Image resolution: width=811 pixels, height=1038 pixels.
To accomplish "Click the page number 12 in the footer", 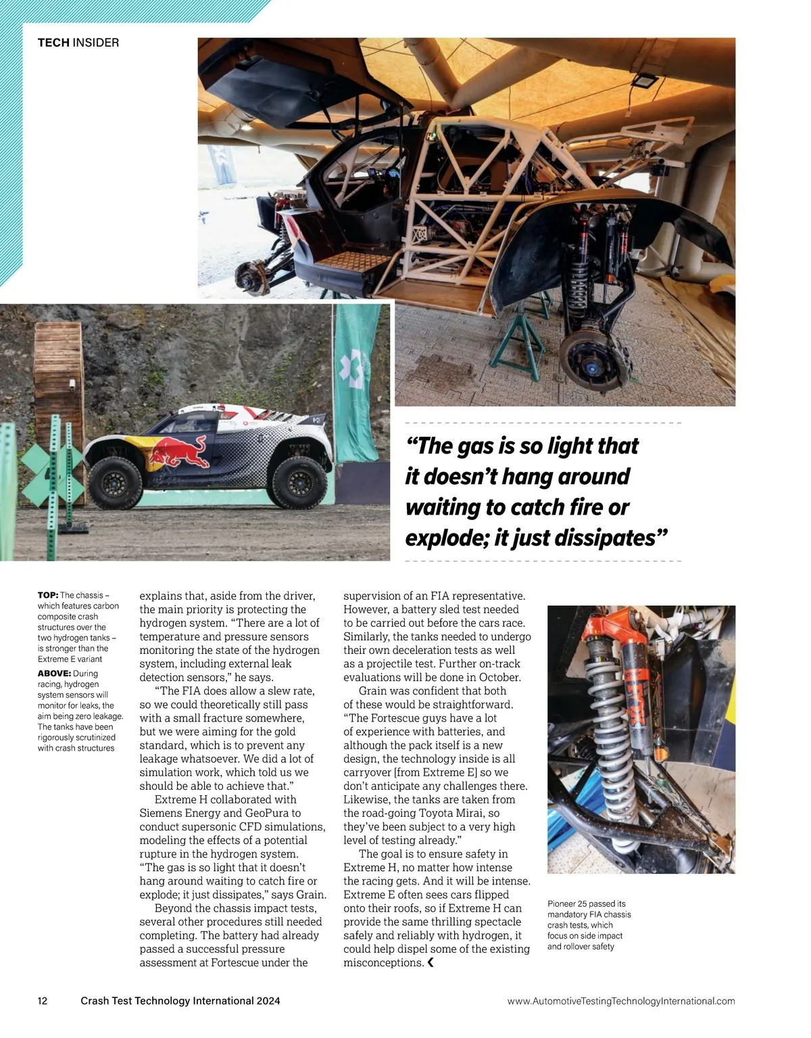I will click(x=43, y=1001).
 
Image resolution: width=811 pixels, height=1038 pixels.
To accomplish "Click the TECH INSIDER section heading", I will click(x=78, y=43).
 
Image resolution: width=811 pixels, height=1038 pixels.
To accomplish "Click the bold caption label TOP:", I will click(x=48, y=595).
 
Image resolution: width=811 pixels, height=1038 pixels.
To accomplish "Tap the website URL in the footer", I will click(x=620, y=1001).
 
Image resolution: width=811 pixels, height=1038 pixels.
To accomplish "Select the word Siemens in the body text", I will click(x=162, y=813).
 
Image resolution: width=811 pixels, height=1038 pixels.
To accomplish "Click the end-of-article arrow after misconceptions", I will click(x=431, y=962).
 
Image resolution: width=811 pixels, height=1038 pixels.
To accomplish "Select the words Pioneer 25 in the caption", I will click(x=568, y=903).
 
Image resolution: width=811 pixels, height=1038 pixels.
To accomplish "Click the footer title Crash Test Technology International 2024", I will click(x=180, y=1001).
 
